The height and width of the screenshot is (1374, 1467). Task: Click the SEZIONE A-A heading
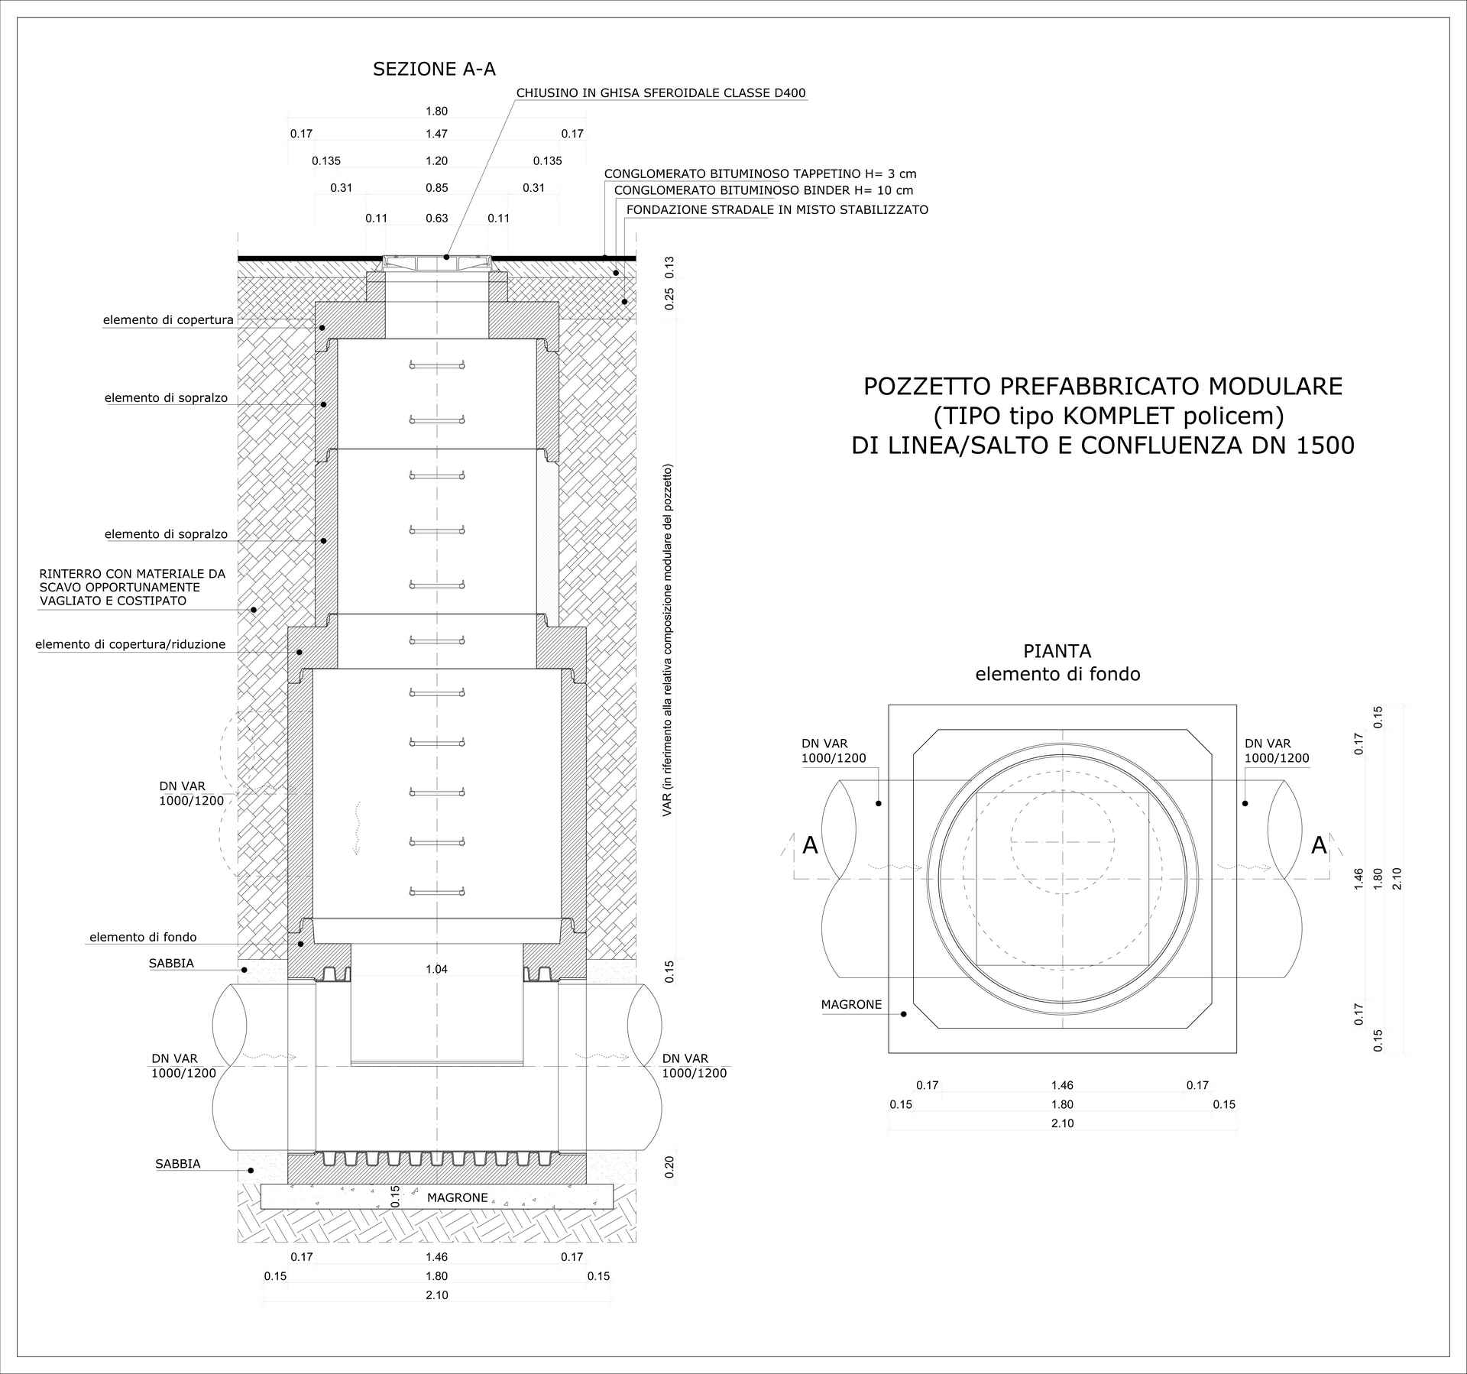tap(434, 70)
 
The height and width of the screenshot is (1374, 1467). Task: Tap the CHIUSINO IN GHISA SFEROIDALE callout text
tap(661, 93)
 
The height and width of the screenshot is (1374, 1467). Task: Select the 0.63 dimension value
tap(437, 219)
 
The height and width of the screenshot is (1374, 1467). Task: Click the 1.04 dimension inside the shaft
tap(437, 970)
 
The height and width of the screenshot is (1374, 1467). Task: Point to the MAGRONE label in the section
tap(458, 1197)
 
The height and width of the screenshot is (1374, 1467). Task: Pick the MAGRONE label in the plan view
tap(852, 1005)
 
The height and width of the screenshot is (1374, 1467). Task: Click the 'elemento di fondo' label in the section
tap(143, 937)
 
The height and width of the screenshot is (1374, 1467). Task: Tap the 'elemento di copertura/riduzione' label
tap(131, 644)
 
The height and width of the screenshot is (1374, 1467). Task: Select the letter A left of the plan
tap(811, 846)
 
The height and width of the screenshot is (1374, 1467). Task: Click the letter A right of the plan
tap(1320, 846)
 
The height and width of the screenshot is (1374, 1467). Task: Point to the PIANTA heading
tap(1057, 651)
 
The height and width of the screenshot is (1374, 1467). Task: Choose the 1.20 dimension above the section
tap(437, 161)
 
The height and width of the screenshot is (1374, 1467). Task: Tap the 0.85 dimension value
tap(437, 188)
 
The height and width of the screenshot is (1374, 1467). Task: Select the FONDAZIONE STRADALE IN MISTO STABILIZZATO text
tap(777, 209)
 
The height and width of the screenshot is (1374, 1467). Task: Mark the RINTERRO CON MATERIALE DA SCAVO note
tap(133, 587)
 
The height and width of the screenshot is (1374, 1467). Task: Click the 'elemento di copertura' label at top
tap(169, 320)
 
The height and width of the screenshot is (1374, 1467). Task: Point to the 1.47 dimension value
tap(437, 134)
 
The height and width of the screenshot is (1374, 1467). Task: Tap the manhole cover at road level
tap(437, 263)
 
